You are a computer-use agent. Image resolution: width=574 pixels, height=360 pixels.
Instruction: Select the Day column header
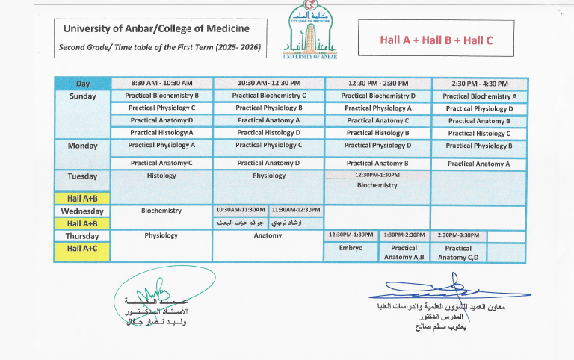click(x=82, y=84)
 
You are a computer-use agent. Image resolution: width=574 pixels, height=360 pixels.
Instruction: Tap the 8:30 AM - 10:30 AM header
click(x=161, y=84)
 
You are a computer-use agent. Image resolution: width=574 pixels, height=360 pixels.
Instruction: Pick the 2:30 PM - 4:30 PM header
click(x=479, y=84)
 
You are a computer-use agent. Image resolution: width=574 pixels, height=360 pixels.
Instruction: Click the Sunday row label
click(x=82, y=96)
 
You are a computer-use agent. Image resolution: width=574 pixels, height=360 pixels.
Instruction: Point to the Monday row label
click(x=82, y=146)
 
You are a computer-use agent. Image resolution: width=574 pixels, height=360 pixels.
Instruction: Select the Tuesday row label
click(x=82, y=176)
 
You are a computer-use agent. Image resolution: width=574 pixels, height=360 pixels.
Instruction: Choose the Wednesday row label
click(x=82, y=211)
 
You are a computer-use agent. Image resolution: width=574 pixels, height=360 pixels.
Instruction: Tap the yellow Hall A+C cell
click(x=82, y=248)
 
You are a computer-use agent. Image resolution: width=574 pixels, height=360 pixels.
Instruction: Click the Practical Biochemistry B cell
click(x=161, y=96)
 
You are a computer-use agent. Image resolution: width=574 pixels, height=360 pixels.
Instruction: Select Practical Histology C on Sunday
click(x=479, y=134)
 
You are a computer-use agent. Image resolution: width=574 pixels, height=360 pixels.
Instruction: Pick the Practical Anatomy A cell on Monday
click(x=479, y=164)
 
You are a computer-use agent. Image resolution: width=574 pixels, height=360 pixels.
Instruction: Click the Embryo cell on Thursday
click(x=351, y=248)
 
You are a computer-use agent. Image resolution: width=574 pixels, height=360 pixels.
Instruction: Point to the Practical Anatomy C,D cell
click(x=458, y=252)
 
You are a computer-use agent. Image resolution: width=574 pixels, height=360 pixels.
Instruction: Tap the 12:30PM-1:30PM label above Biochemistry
click(x=377, y=175)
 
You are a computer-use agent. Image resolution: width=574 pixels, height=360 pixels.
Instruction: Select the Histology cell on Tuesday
click(x=161, y=176)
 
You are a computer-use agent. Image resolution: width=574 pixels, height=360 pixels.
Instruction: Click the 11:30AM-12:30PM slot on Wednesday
click(x=296, y=211)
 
